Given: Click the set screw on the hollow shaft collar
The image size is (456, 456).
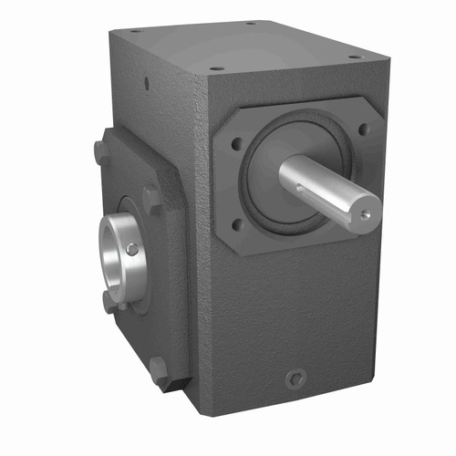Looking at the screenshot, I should tap(133, 249).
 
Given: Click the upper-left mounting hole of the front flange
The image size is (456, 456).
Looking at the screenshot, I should tap(236, 142).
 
